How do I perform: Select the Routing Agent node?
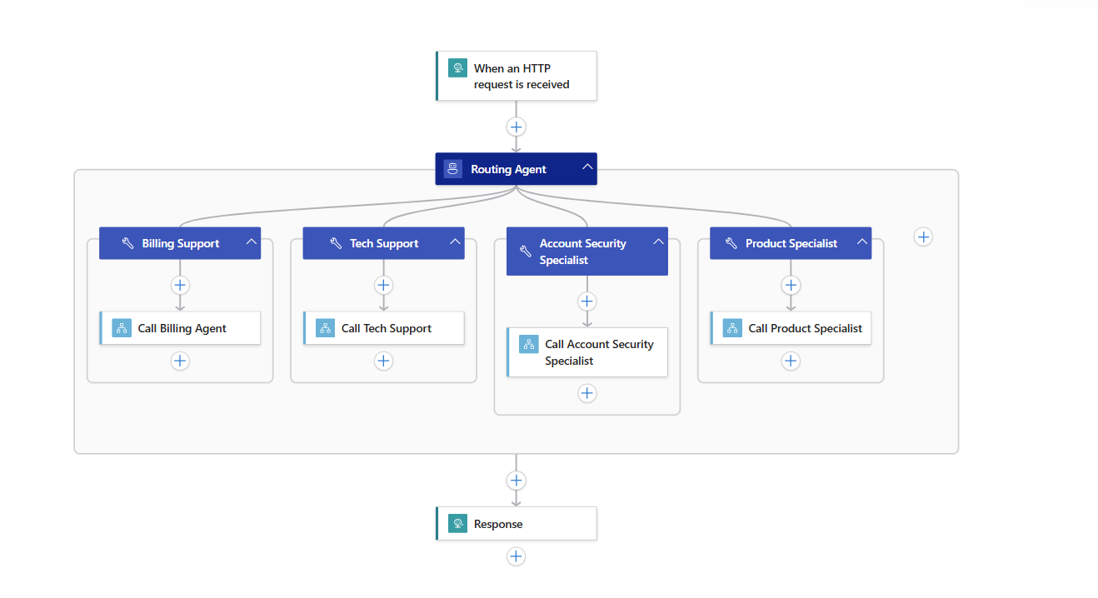click(508, 169)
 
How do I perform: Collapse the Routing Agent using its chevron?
click(587, 167)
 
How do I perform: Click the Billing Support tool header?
click(180, 243)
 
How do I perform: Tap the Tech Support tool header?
click(384, 243)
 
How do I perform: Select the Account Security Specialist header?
click(582, 252)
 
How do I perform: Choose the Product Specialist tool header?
click(791, 243)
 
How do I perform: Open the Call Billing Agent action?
click(182, 328)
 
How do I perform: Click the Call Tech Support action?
click(386, 328)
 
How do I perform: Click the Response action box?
click(517, 524)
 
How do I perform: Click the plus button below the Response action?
click(517, 556)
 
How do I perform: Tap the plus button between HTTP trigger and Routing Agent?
click(517, 127)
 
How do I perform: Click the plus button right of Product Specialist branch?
click(923, 237)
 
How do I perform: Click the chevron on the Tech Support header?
click(456, 242)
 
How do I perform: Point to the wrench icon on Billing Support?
click(127, 244)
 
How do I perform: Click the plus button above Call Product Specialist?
click(791, 285)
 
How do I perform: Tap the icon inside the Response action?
click(457, 524)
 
